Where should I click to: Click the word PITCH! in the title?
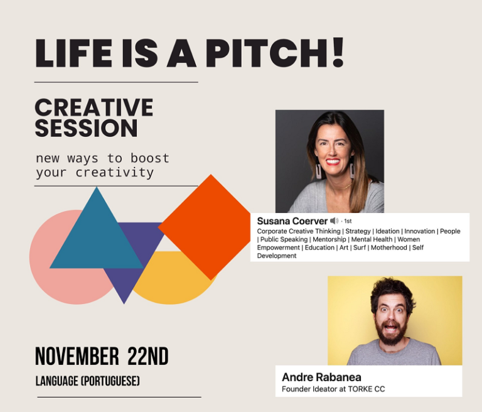(274, 53)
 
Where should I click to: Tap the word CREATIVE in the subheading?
(94, 107)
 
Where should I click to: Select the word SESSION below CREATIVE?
(87, 127)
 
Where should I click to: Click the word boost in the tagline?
(150, 158)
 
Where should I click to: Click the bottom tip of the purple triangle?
(124, 304)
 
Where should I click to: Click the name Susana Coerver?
(292, 221)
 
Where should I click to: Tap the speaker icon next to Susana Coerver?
(334, 220)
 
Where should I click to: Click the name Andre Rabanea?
(321, 377)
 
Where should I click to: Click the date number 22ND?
(148, 356)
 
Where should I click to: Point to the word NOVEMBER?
(77, 356)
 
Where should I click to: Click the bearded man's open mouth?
(390, 327)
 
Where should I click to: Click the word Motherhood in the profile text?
(389, 247)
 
